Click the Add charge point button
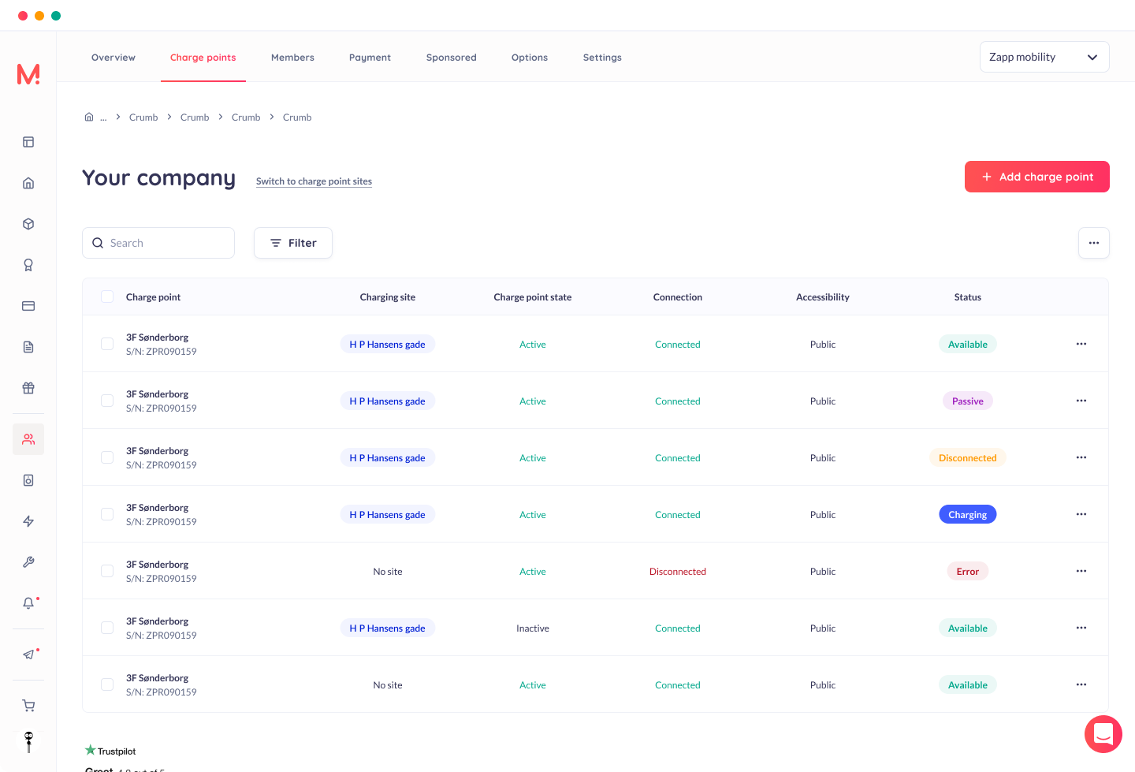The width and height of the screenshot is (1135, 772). click(x=1036, y=177)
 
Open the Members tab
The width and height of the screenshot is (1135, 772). click(x=292, y=58)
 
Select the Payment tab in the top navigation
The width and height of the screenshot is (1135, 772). click(x=370, y=58)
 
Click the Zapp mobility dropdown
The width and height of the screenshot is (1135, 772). click(x=1044, y=57)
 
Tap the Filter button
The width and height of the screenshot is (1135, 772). click(x=293, y=243)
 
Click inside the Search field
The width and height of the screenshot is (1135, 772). click(x=158, y=243)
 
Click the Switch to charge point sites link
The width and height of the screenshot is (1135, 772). click(x=314, y=181)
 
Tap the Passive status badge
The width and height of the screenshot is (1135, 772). click(x=967, y=401)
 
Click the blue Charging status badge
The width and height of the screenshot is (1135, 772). click(x=967, y=514)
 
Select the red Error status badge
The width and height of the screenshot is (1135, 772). click(x=967, y=571)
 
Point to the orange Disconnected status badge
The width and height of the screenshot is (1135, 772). click(x=967, y=457)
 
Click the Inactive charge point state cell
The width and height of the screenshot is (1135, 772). click(x=533, y=628)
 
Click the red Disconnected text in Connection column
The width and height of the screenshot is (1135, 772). click(x=678, y=571)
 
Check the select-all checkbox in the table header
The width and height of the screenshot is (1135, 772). click(x=107, y=296)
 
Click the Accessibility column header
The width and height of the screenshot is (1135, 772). click(x=822, y=297)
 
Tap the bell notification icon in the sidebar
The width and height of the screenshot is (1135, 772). click(x=28, y=602)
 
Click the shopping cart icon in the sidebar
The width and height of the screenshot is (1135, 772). click(x=28, y=706)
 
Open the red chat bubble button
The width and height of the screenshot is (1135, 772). click(x=1103, y=734)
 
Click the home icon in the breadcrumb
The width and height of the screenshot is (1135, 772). click(x=88, y=117)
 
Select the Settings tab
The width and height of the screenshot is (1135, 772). click(x=602, y=58)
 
